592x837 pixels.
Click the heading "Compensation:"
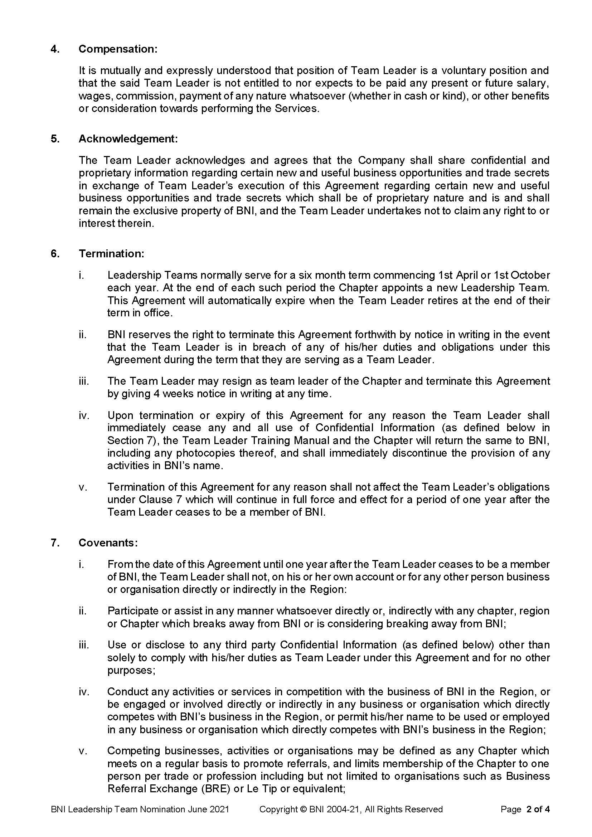[x=118, y=49]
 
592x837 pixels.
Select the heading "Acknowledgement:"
[x=128, y=139]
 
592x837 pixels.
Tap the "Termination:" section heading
[x=111, y=254]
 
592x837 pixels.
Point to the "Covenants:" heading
[x=108, y=543]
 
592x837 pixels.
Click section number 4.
[x=55, y=49]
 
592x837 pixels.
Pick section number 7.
[x=55, y=543]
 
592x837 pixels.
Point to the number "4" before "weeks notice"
[x=156, y=394]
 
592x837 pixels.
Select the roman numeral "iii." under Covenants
[x=84, y=645]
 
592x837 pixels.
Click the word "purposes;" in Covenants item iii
[x=131, y=670]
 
